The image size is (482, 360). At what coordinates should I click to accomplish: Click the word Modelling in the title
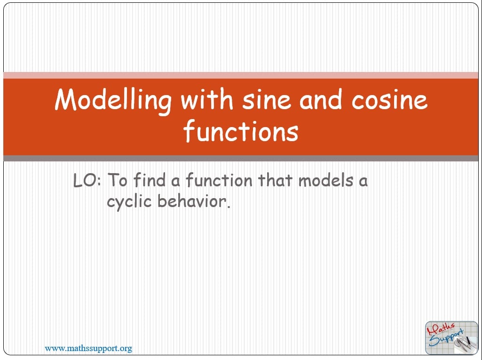pyautogui.click(x=113, y=100)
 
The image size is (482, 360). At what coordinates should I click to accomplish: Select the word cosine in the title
pyautogui.click(x=389, y=100)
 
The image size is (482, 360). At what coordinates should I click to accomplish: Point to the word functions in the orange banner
pyautogui.click(x=241, y=131)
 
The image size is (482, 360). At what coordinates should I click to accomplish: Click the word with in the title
pyautogui.click(x=206, y=99)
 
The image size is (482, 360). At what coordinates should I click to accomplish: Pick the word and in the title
pyautogui.click(x=321, y=99)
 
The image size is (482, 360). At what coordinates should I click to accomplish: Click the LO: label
pyautogui.click(x=87, y=180)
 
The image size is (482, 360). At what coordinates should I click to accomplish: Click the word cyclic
pyautogui.click(x=129, y=202)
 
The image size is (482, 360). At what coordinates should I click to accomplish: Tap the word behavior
pyautogui.click(x=194, y=201)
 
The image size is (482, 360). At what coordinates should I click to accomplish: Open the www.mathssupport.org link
pyautogui.click(x=88, y=348)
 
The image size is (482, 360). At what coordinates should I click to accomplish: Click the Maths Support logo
pyautogui.click(x=451, y=337)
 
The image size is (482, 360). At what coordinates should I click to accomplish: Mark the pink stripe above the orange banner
pyautogui.click(x=241, y=75)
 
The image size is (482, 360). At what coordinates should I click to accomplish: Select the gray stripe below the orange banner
pyautogui.click(x=241, y=159)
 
